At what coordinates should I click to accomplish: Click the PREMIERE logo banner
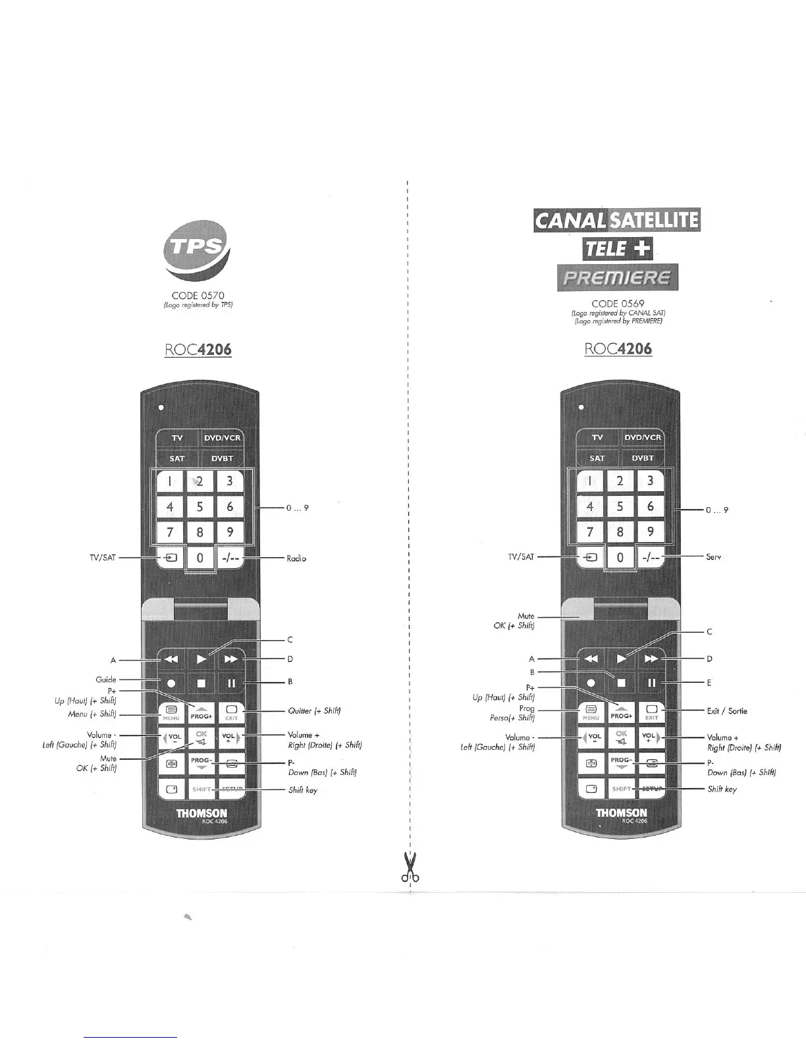[617, 277]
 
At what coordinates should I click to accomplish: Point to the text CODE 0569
[618, 304]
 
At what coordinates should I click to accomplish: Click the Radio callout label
[296, 558]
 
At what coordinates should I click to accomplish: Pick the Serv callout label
[714, 557]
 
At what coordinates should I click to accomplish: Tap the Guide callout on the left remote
[105, 680]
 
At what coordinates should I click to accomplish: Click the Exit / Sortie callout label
[727, 711]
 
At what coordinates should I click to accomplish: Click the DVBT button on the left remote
[222, 459]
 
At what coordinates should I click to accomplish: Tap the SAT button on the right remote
[597, 458]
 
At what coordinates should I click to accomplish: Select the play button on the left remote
[201, 658]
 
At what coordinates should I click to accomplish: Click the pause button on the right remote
[651, 683]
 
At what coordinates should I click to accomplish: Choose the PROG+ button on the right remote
[621, 712]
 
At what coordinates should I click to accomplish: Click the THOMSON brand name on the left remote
[201, 813]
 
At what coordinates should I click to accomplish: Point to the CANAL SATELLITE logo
[617, 220]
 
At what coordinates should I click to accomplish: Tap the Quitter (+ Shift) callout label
[314, 711]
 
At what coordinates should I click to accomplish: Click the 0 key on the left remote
[200, 558]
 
